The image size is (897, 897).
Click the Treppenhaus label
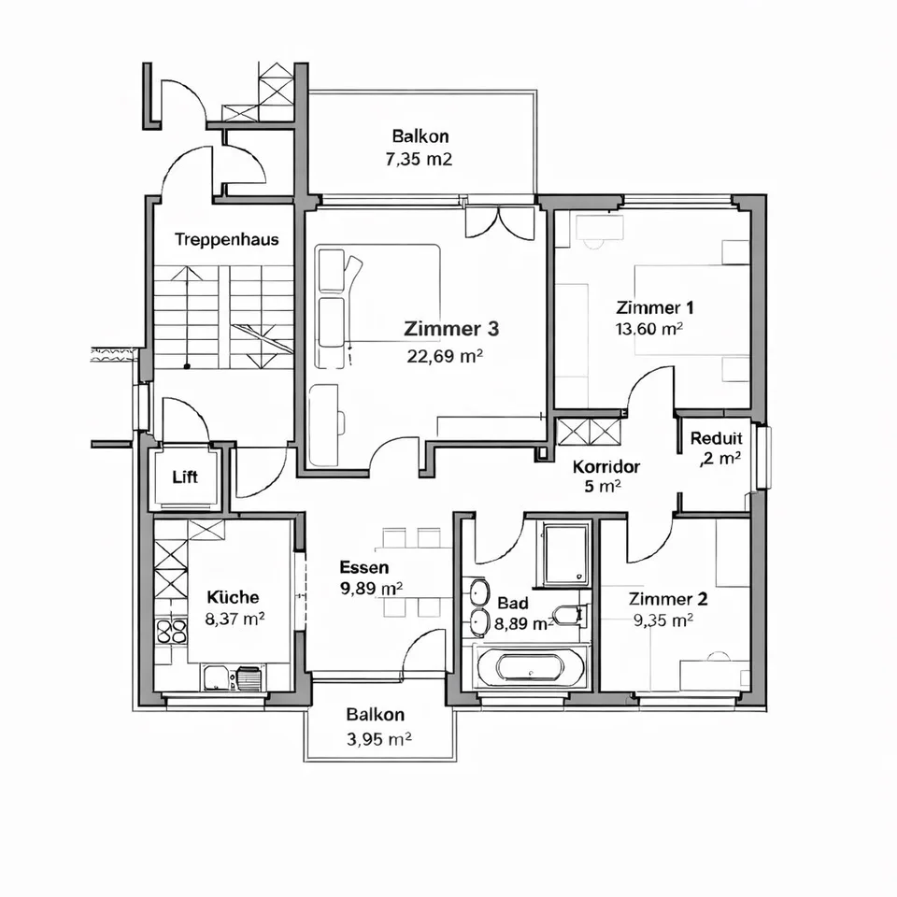click(226, 239)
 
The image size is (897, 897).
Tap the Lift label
click(185, 477)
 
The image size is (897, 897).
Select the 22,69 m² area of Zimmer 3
click(445, 356)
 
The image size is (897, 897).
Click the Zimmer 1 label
click(655, 307)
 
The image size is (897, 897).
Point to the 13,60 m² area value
click(649, 329)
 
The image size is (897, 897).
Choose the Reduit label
click(717, 438)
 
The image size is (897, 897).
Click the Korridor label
click(606, 466)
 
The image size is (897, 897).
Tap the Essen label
click(364, 567)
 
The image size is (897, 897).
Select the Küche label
click(233, 597)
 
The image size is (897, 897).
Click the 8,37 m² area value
click(235, 619)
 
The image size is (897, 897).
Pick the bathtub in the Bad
click(531, 667)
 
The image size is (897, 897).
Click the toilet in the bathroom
click(569, 615)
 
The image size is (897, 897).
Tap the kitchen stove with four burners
click(172, 632)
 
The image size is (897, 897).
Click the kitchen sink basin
click(217, 678)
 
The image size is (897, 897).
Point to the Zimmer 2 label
click(668, 599)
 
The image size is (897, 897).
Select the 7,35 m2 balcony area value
click(419, 159)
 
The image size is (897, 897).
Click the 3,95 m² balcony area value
click(378, 739)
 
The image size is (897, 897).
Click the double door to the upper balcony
click(499, 222)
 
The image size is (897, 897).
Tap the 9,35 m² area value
click(663, 620)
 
